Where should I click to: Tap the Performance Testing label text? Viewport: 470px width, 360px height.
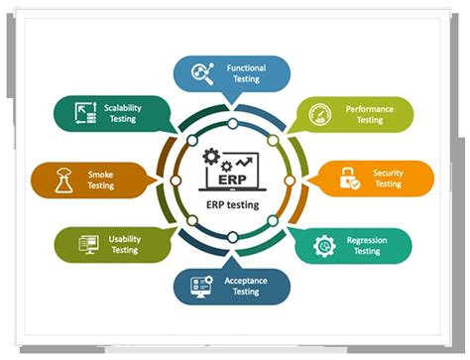click(369, 114)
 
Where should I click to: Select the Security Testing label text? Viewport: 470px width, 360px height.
click(388, 179)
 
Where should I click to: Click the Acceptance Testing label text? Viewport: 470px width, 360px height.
click(245, 286)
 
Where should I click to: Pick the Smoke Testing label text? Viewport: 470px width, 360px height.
click(100, 180)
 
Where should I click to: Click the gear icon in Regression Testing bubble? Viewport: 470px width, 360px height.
click(323, 245)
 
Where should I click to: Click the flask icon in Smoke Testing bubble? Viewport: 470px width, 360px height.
click(62, 180)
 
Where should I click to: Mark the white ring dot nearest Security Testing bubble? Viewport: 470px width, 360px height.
click(291, 180)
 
